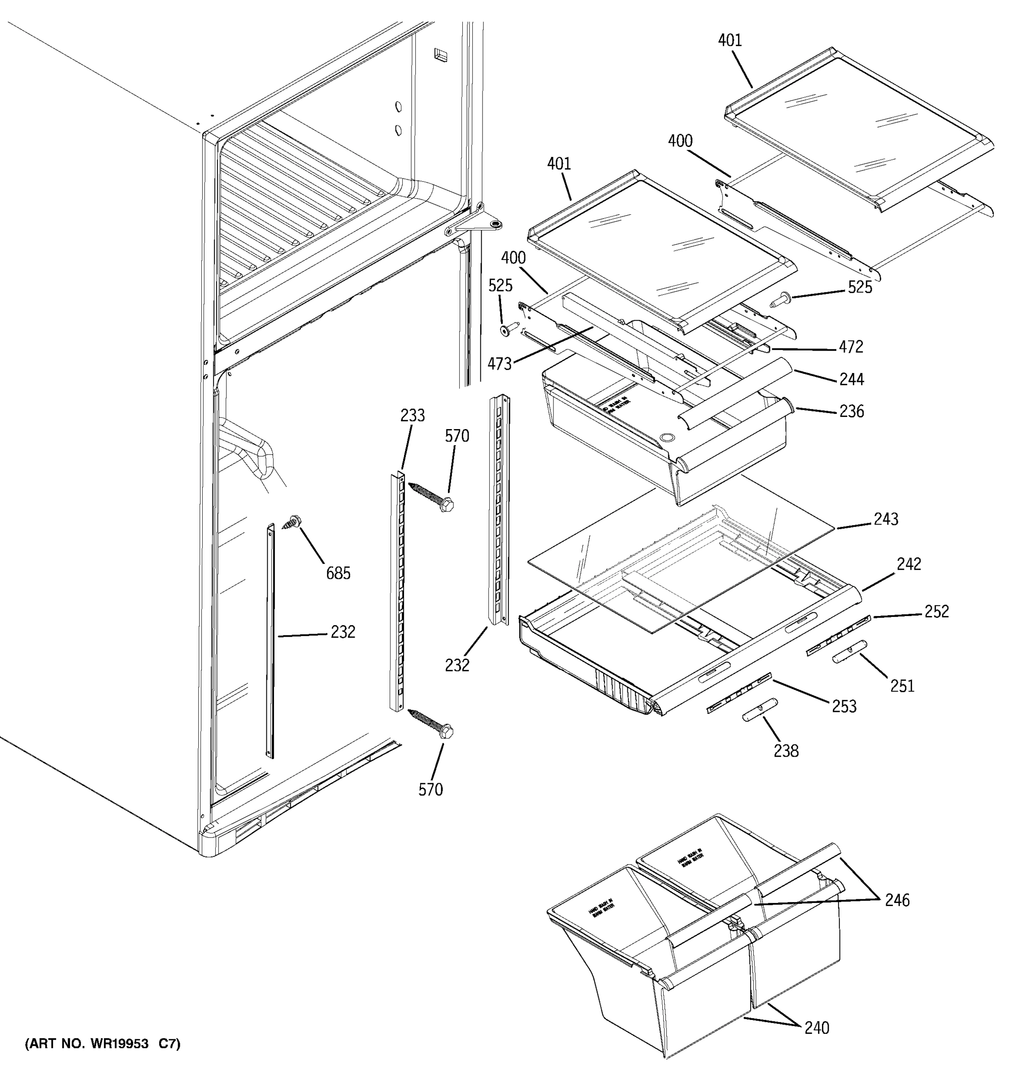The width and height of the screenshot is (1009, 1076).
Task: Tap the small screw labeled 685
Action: click(293, 522)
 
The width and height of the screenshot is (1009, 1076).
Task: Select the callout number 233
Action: click(413, 415)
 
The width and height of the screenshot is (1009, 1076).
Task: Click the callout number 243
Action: click(886, 519)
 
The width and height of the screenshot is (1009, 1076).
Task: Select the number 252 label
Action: click(937, 611)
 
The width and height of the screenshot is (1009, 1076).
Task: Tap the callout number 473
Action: click(499, 364)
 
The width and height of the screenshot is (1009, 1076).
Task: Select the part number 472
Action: click(851, 347)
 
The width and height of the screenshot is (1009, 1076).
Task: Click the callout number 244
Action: click(852, 379)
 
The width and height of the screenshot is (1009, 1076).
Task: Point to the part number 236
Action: click(852, 412)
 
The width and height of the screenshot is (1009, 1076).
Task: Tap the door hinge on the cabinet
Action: click(476, 225)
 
